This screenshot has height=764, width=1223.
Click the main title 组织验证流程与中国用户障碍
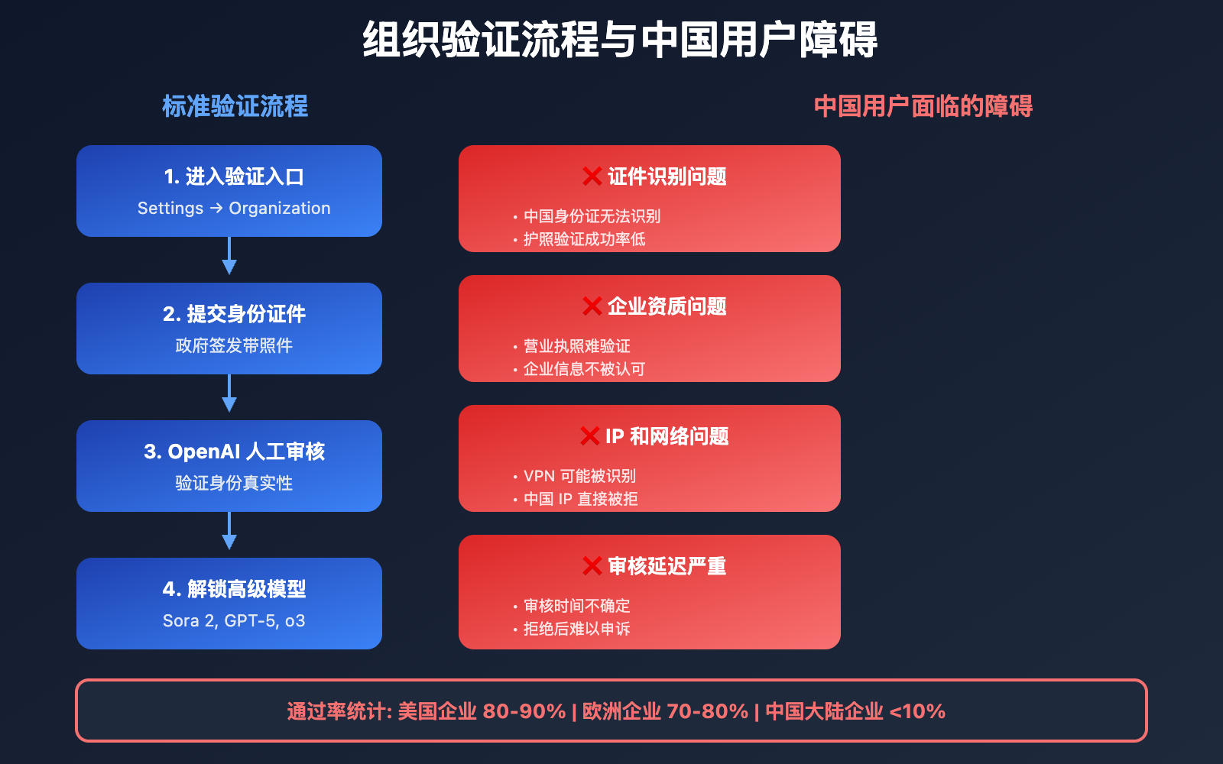620,39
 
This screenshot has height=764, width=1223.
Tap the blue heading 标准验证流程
235,106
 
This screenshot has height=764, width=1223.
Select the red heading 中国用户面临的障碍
923,106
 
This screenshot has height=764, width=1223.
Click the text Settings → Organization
234,208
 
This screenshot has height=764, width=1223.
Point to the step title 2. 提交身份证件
234,314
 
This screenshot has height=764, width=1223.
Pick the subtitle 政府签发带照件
234,345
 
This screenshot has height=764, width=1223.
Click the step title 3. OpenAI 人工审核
234,452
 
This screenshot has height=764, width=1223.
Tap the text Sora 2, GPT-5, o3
234,620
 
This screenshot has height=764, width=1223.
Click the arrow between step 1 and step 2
229,255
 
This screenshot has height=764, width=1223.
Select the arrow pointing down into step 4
229,530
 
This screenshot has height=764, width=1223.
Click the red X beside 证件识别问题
592,176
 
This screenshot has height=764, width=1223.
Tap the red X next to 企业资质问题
592,306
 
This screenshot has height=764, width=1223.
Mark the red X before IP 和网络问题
589,436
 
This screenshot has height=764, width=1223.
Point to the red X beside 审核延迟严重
592,566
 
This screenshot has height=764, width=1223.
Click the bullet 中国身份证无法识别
587,216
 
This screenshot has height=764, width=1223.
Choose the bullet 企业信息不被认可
579,369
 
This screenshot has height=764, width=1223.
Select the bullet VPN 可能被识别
574,476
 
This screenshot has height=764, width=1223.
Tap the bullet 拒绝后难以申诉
572,629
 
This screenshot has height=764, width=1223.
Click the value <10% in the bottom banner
917,711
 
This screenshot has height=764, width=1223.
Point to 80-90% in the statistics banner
524,711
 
